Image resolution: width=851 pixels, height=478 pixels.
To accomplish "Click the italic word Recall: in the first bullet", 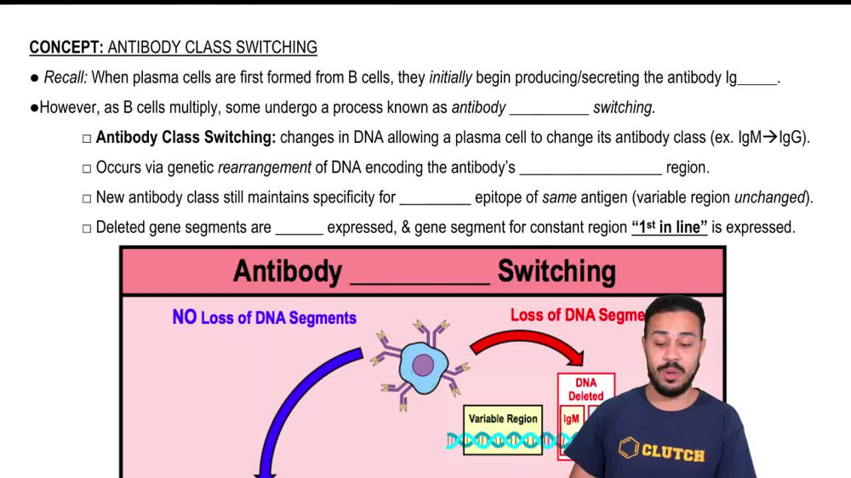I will coord(65,78).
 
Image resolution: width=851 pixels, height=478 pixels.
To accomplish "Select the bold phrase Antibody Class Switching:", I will coord(186,138).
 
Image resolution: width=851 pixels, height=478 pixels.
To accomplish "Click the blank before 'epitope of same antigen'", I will coord(435,199).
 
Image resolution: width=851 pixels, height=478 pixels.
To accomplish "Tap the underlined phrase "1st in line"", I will coord(669,227).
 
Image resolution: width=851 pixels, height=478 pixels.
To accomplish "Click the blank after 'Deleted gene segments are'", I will coord(299,229).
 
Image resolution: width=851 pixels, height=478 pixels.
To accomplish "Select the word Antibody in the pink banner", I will coord(287,272).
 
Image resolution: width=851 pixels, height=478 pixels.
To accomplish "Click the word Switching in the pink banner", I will coord(557,272).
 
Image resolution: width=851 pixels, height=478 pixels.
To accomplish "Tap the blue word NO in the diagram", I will coord(184,317).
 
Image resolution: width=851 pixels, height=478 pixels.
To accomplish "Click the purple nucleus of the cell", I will coord(423,366).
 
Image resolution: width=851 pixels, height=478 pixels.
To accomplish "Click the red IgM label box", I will coord(571,418).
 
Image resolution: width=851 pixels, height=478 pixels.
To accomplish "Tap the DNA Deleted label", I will coord(585,390).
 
